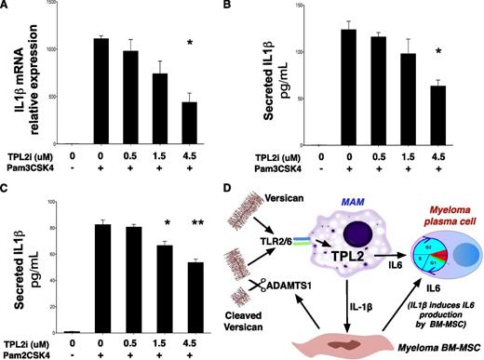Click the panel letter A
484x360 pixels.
[x=7, y=7]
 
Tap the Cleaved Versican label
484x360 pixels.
[x=263, y=315]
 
